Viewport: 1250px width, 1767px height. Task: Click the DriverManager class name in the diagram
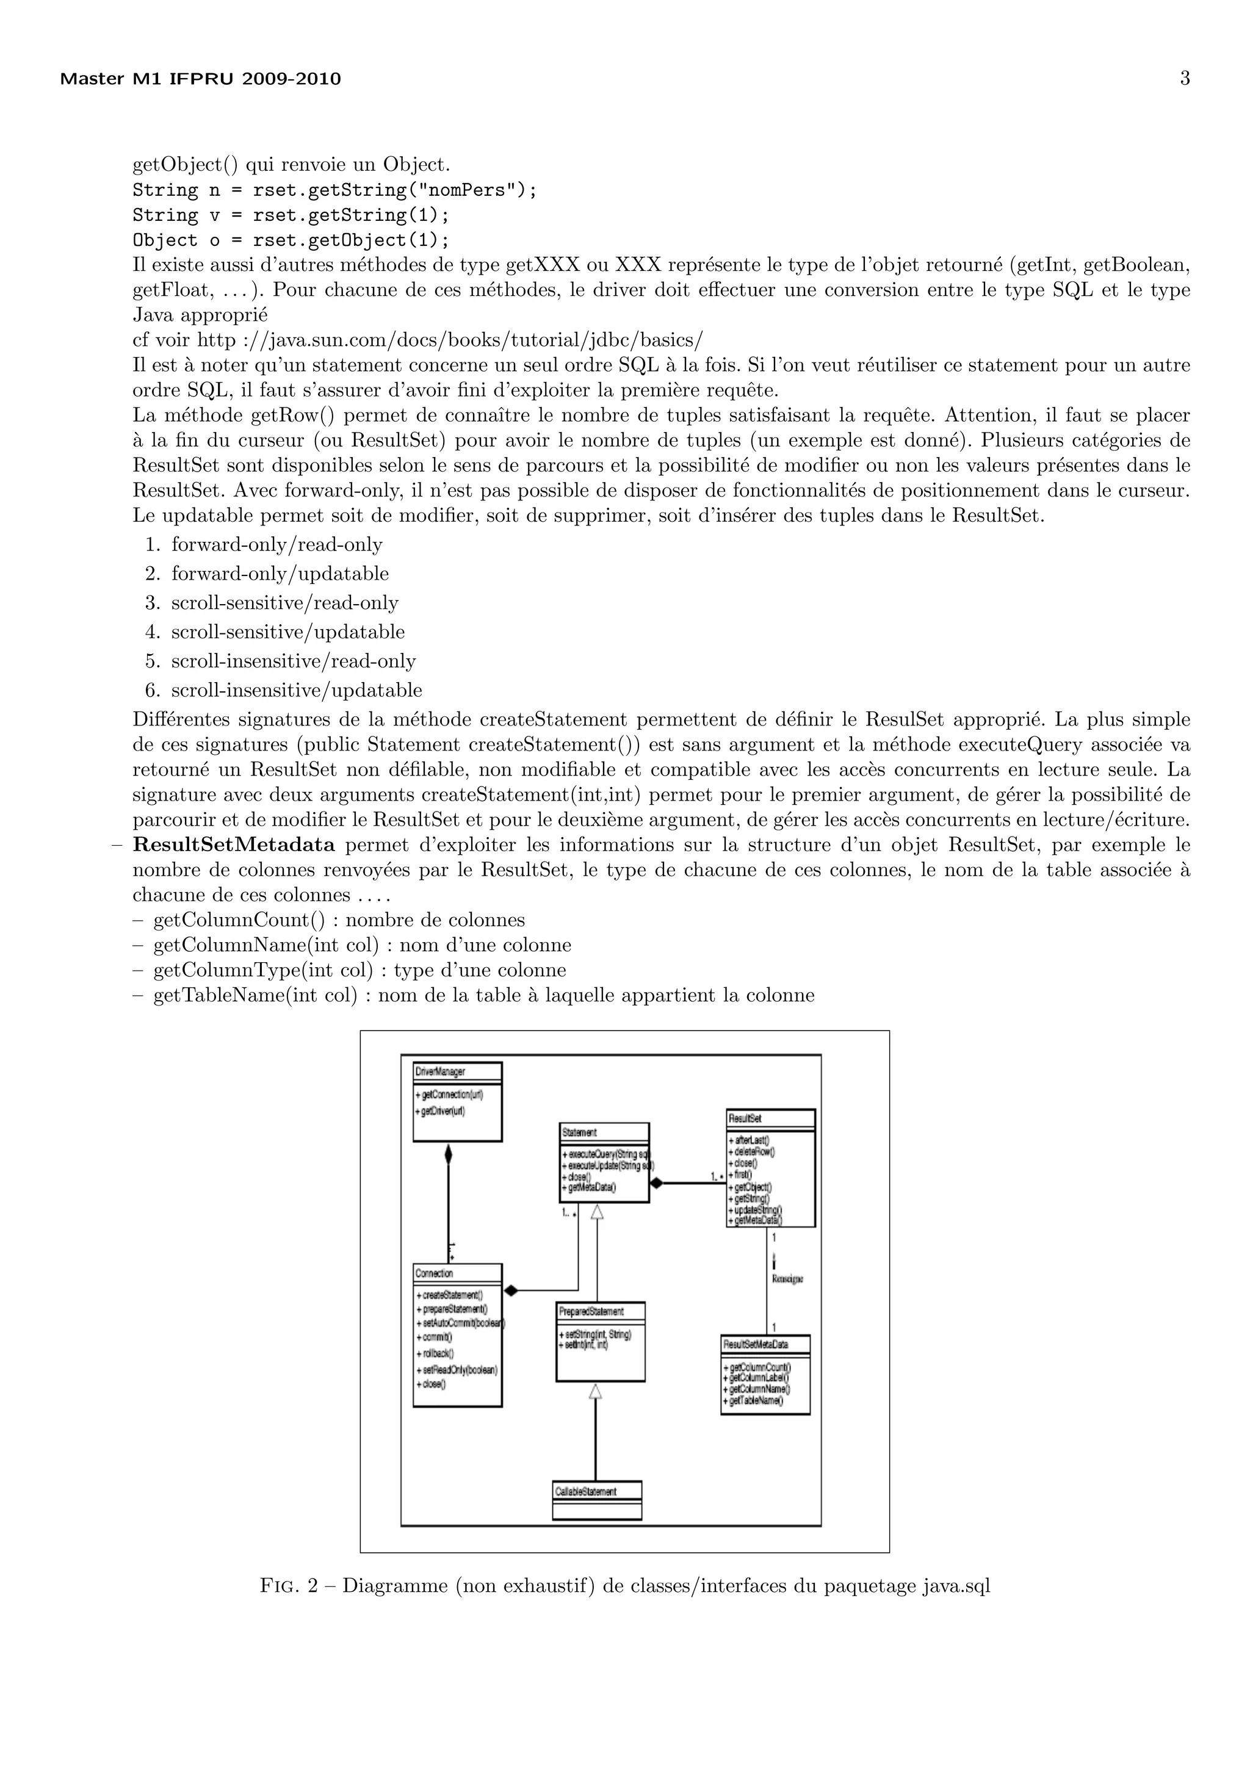pyautogui.click(x=440, y=1071)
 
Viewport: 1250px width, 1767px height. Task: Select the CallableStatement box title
pyautogui.click(x=586, y=1491)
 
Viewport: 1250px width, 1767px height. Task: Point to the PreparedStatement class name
pyautogui.click(x=591, y=1311)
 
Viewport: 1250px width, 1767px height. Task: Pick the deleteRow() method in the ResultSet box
pyautogui.click(x=754, y=1152)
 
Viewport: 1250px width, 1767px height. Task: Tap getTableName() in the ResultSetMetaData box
pyautogui.click(x=755, y=1401)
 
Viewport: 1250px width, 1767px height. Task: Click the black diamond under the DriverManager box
pyautogui.click(x=448, y=1154)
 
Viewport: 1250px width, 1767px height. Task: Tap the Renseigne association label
pyautogui.click(x=787, y=1278)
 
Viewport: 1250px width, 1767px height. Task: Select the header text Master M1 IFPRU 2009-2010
pyautogui.click(x=200, y=79)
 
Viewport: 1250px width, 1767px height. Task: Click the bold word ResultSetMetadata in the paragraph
pyautogui.click(x=234, y=845)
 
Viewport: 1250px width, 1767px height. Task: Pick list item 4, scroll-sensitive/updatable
pyautogui.click(x=287, y=632)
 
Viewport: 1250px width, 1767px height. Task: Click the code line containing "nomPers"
pyautogui.click(x=334, y=190)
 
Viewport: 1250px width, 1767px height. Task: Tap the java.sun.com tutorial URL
pyautogui.click(x=450, y=339)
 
